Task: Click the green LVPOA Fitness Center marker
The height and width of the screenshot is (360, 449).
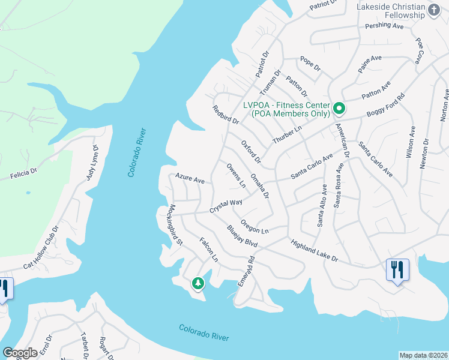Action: click(x=339, y=109)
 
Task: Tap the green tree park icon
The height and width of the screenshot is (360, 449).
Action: click(x=197, y=283)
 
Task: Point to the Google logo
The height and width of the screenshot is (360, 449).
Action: click(x=20, y=353)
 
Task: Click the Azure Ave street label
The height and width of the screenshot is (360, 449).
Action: click(x=190, y=179)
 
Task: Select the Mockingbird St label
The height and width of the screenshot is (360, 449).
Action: click(x=175, y=225)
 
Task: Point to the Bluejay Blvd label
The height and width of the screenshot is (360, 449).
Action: click(x=242, y=236)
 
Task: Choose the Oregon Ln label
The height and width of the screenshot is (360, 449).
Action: click(x=255, y=226)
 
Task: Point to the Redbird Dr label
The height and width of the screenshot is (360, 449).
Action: click(x=226, y=115)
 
